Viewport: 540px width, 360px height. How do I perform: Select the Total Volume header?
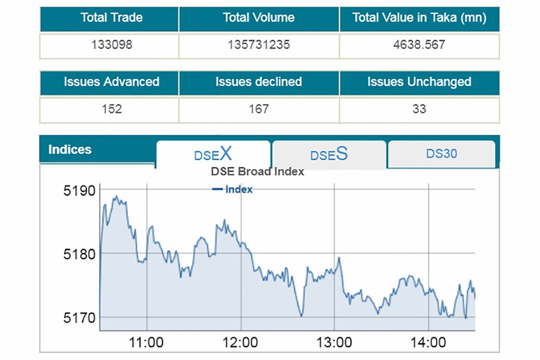(259, 18)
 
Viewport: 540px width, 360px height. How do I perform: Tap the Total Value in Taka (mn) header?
(419, 18)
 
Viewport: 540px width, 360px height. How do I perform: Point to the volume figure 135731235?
(259, 45)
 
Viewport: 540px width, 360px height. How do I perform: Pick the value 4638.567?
(419, 45)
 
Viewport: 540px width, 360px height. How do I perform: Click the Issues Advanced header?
(112, 82)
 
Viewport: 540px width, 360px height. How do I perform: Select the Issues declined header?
(259, 82)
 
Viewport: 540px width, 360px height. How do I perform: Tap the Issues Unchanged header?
(419, 82)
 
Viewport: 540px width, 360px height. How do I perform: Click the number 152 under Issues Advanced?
(112, 109)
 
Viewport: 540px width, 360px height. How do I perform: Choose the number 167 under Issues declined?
(259, 109)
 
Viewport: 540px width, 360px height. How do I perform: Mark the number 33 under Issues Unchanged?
(419, 109)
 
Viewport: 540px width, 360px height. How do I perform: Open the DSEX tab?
(213, 154)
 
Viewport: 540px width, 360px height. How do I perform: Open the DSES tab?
(329, 155)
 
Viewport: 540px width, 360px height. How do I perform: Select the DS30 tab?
(442, 154)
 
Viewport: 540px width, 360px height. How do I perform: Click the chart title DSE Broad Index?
(257, 172)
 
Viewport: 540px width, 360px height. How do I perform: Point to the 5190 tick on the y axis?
(80, 191)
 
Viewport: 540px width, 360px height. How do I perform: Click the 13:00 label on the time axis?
(334, 343)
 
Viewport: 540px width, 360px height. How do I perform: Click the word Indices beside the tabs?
(70, 149)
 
